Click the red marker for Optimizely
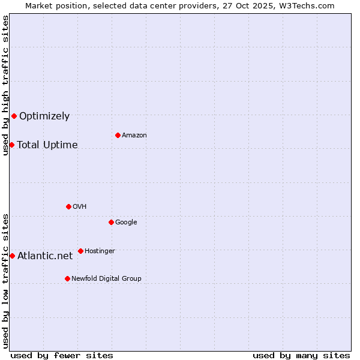click(x=14, y=116)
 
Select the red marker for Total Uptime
click(x=11, y=145)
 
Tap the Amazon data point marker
click(x=118, y=135)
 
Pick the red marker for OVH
click(x=68, y=206)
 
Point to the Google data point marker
click(x=111, y=222)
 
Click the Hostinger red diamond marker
click(x=80, y=251)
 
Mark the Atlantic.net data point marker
click(x=12, y=256)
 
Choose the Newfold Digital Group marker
click(x=67, y=278)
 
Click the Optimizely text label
click(x=44, y=116)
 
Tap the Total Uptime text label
click(x=47, y=145)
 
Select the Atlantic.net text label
click(x=45, y=256)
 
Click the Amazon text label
click(x=134, y=136)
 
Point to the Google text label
click(x=126, y=223)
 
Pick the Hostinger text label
click(x=100, y=251)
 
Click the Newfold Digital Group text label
click(x=106, y=279)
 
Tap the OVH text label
click(x=80, y=207)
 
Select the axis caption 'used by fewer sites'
click(x=62, y=355)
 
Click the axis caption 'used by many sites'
click(x=301, y=355)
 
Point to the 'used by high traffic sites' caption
click(x=5, y=85)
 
